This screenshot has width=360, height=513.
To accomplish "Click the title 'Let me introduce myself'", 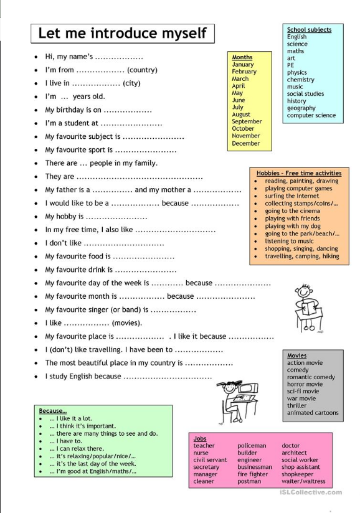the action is coord(122,33).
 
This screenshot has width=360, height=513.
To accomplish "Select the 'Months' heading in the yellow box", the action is coord(242,57).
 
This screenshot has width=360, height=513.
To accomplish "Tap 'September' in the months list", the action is coord(247,122).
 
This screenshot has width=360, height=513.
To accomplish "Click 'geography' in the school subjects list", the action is coord(301,108).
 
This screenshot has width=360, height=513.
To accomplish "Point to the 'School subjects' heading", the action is coord(309,30).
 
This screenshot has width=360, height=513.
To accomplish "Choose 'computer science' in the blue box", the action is coord(311,115).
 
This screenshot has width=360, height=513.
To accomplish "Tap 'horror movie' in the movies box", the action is coord(305,384).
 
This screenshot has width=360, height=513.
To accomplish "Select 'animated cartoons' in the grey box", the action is coord(313,413).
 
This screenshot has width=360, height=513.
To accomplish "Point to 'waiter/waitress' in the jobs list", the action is coord(303,481).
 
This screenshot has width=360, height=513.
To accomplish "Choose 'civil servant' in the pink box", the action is coord(210,460).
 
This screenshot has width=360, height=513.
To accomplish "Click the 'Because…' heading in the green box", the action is coord(52,411).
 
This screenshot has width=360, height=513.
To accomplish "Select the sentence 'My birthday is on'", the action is coord(73,110).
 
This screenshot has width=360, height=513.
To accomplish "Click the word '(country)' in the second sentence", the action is coord(142,70).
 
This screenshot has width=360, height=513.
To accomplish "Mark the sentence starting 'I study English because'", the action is coord(83,377).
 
